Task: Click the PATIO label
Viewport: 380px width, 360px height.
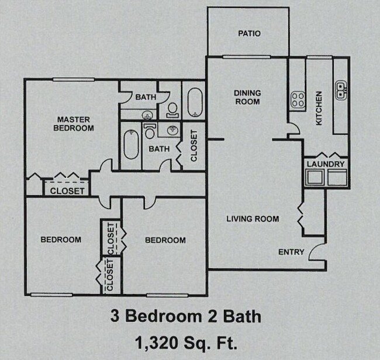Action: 249,33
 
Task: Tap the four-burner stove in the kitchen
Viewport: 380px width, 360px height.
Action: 297,100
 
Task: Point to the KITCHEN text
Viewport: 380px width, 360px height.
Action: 319,108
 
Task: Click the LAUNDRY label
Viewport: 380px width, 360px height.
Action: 325,164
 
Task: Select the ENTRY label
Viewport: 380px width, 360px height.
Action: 291,252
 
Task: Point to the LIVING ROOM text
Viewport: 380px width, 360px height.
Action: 253,219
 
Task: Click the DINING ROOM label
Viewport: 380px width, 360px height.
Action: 247,97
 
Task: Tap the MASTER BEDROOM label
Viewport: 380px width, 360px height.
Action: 74,123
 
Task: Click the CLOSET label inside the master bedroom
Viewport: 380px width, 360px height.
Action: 67,191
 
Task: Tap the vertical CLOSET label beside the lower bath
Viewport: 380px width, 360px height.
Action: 194,146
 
